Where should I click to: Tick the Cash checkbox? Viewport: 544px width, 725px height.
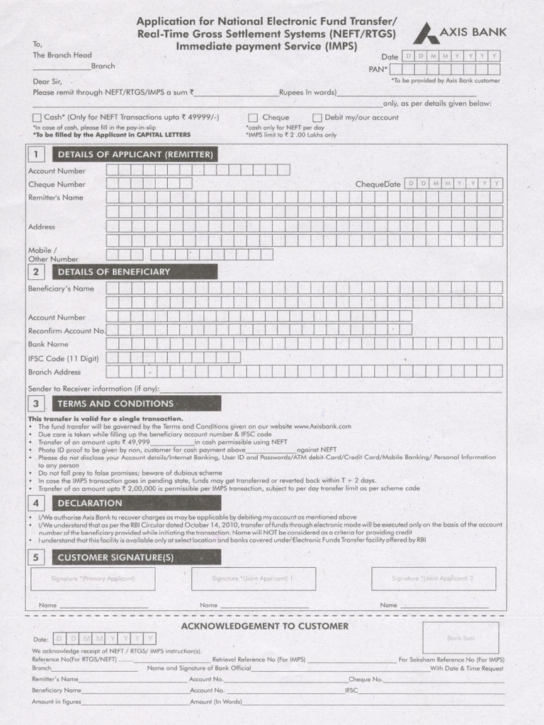pos(37,118)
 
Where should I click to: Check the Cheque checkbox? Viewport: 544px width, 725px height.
pos(253,118)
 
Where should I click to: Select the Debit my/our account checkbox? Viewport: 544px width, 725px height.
pos(317,118)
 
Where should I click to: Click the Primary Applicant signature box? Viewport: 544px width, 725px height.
pos(93,578)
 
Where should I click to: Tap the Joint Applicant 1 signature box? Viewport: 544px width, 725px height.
pos(253,578)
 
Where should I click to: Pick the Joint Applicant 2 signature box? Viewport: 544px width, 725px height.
pos(433,578)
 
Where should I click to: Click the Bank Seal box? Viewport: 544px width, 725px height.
pos(455,637)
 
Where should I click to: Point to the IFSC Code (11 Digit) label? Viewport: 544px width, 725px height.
pos(63,358)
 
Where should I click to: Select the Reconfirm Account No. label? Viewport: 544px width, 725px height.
pos(67,331)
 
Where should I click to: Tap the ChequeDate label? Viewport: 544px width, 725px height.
pos(378,184)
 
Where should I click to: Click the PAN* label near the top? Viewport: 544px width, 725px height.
pos(376,69)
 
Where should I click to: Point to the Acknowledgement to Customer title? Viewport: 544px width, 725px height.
pos(264,626)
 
